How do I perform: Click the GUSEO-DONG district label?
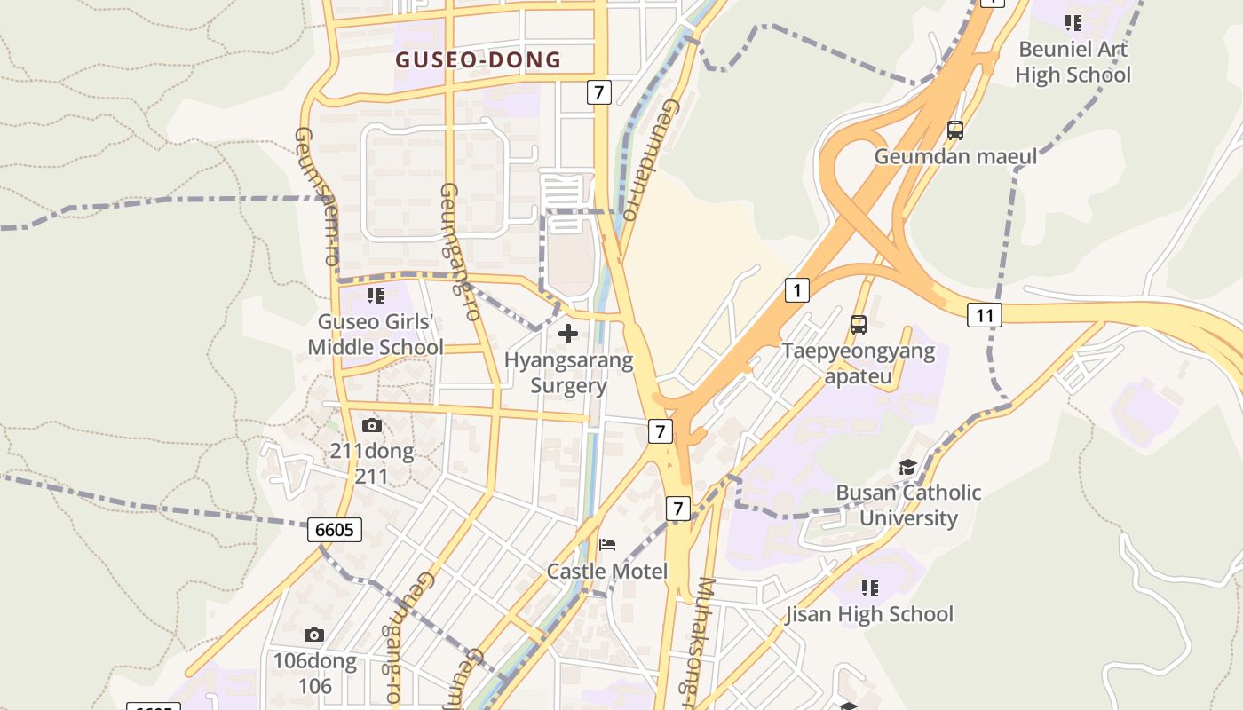click(479, 60)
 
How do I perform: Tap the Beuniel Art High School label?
click(1073, 62)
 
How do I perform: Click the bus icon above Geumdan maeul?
click(955, 130)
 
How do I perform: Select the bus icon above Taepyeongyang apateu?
click(858, 325)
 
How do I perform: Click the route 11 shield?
click(985, 315)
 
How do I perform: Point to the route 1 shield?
click(796, 289)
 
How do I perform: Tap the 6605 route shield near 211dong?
click(335, 531)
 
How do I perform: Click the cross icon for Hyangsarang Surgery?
click(568, 335)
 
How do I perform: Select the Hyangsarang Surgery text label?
click(568, 373)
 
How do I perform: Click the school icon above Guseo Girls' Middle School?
click(376, 296)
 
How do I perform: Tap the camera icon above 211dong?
click(372, 426)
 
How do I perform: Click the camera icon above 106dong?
click(313, 635)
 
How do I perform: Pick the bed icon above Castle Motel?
click(607, 545)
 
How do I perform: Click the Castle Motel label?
click(607, 571)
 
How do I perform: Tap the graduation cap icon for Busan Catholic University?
click(907, 468)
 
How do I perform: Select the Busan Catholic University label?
click(908, 505)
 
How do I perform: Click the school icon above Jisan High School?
click(870, 588)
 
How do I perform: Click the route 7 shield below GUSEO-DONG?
click(599, 91)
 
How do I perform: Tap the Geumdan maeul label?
click(955, 157)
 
